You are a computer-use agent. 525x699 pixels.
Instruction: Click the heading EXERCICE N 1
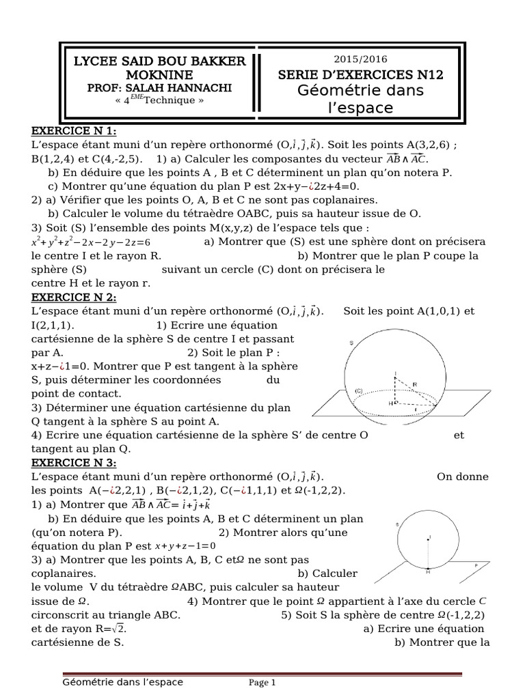coord(74,132)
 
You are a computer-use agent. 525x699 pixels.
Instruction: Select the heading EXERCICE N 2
coord(74,298)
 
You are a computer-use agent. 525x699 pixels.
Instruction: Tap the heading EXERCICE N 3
coord(74,463)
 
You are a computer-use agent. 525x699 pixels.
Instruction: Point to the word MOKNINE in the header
coord(159,74)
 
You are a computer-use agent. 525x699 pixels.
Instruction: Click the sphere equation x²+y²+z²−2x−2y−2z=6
coord(90,242)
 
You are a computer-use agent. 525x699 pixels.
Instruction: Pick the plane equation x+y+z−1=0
coord(185,545)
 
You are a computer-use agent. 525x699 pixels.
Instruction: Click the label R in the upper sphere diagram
coord(414,384)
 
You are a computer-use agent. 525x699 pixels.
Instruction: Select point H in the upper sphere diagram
coord(390,403)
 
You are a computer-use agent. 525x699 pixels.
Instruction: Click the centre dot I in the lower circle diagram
coord(429,537)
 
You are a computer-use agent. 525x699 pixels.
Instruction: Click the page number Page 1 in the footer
coord(262,682)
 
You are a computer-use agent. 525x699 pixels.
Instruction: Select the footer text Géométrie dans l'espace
coord(122,681)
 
